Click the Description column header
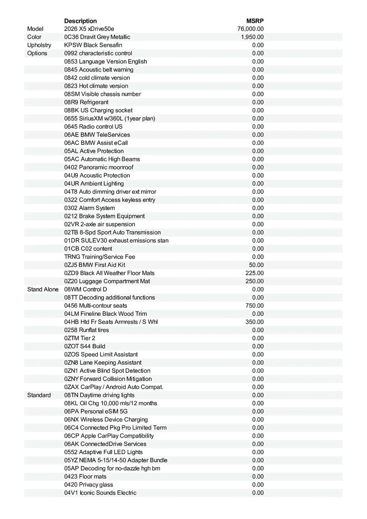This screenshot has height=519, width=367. pyautogui.click(x=80, y=21)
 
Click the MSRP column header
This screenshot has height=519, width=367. pyautogui.click(x=255, y=21)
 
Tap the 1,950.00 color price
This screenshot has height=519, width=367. pyautogui.click(x=252, y=37)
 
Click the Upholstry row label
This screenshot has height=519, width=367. pyautogui.click(x=39, y=45)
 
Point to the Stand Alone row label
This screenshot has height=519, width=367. pyautogui.click(x=43, y=289)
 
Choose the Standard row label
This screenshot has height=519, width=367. pyautogui.click(x=39, y=395)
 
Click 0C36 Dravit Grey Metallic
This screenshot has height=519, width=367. pyautogui.click(x=97, y=37)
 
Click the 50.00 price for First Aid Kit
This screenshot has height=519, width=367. pyautogui.click(x=256, y=265)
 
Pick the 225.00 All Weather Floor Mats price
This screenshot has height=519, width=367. pyautogui.click(x=254, y=273)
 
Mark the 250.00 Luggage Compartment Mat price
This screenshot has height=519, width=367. pyautogui.click(x=254, y=281)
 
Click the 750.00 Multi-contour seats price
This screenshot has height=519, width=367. pyautogui.click(x=254, y=306)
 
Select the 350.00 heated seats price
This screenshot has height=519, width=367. pyautogui.click(x=254, y=322)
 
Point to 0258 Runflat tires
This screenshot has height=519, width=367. pyautogui.click(x=87, y=330)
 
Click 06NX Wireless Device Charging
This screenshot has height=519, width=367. pyautogui.click(x=106, y=420)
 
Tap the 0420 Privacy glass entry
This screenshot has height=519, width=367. pyautogui.click(x=89, y=485)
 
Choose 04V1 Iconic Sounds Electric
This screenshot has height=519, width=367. pyautogui.click(x=100, y=493)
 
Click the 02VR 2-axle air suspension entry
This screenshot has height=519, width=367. pyautogui.click(x=100, y=224)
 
